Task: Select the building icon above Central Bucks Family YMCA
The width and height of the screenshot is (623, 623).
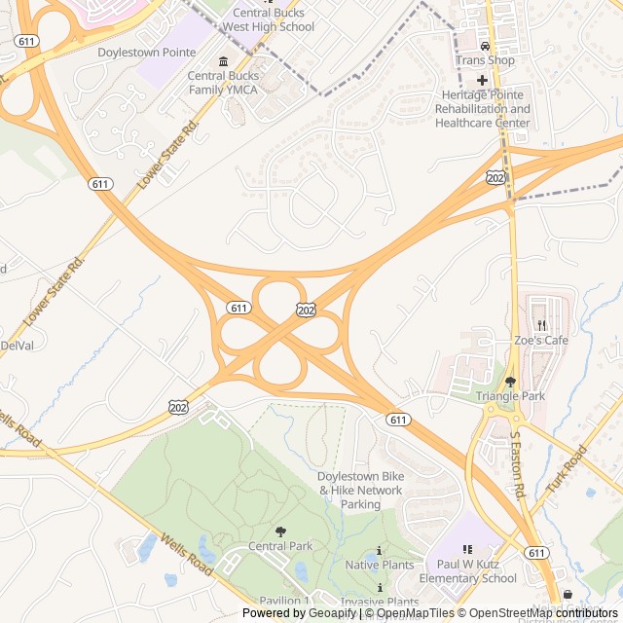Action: [x=223, y=61]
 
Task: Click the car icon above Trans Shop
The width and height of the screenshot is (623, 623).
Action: [x=485, y=46]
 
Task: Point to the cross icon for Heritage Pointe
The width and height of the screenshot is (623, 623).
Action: [x=482, y=80]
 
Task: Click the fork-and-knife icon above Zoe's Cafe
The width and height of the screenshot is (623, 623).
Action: [x=541, y=325]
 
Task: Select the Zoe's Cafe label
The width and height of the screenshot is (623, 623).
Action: [x=541, y=340]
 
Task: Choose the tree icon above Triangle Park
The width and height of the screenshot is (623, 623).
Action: [x=510, y=382]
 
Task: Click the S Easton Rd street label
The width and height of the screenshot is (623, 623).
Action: [x=517, y=475]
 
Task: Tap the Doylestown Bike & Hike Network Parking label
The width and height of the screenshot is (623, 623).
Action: [x=360, y=491]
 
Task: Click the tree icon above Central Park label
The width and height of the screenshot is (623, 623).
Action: [x=280, y=531]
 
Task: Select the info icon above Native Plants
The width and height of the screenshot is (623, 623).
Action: [x=379, y=550]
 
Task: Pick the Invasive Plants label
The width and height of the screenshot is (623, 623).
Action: [x=380, y=602]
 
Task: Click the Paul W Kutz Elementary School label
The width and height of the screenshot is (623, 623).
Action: [x=477, y=571]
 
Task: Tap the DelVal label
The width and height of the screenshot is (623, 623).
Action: [x=17, y=345]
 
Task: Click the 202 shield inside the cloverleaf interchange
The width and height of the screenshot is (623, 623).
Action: [x=306, y=309]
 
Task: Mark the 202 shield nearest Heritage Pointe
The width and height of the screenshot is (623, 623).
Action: [x=495, y=177]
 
